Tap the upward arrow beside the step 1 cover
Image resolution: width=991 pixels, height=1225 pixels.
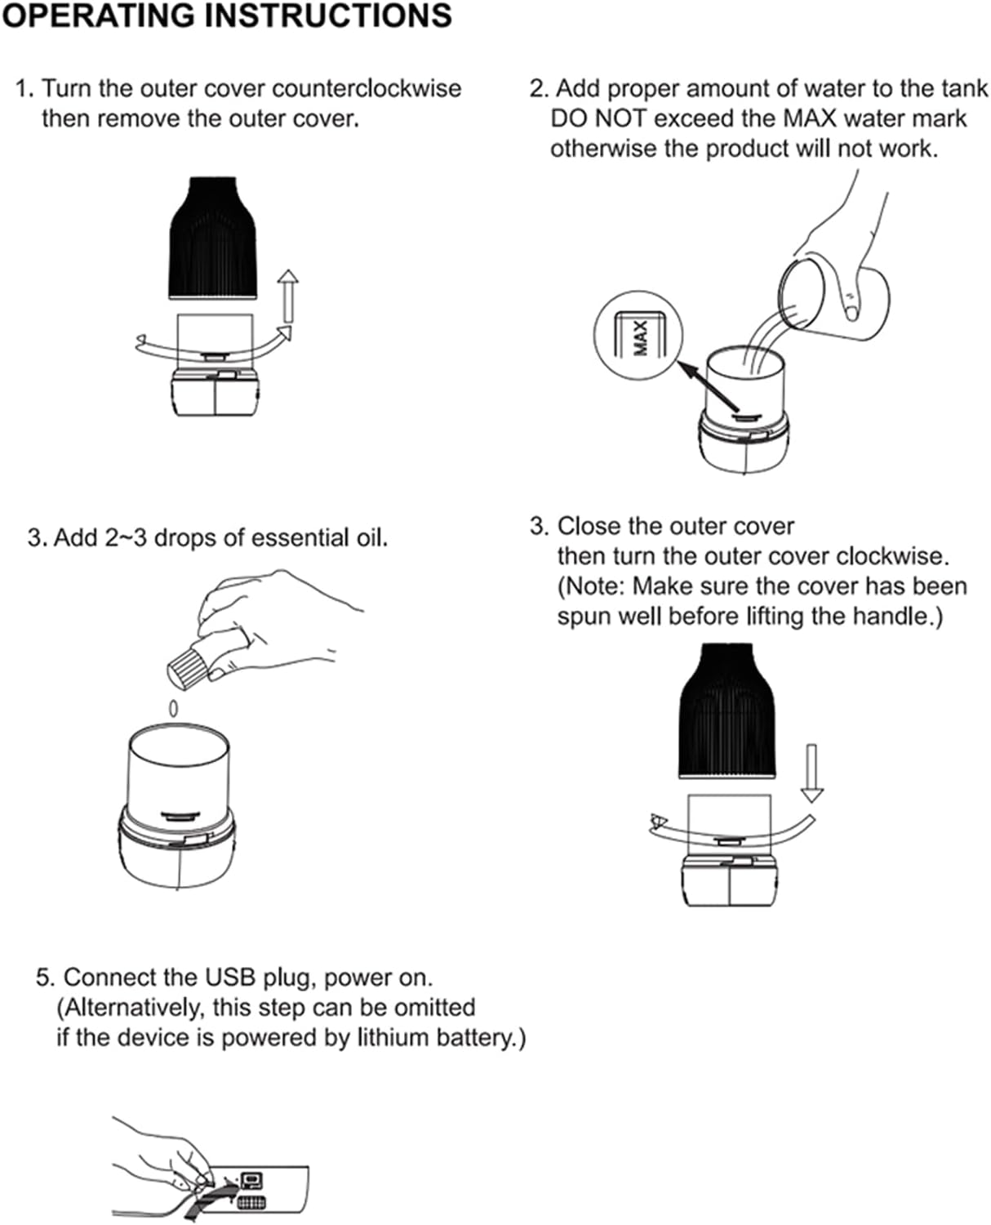click(287, 296)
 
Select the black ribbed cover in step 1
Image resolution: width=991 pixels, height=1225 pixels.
click(214, 239)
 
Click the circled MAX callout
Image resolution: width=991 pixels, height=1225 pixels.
click(640, 336)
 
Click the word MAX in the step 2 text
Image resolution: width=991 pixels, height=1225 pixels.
click(810, 118)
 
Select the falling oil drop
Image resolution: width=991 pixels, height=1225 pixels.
click(173, 707)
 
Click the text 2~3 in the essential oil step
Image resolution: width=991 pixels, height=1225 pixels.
click(126, 538)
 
